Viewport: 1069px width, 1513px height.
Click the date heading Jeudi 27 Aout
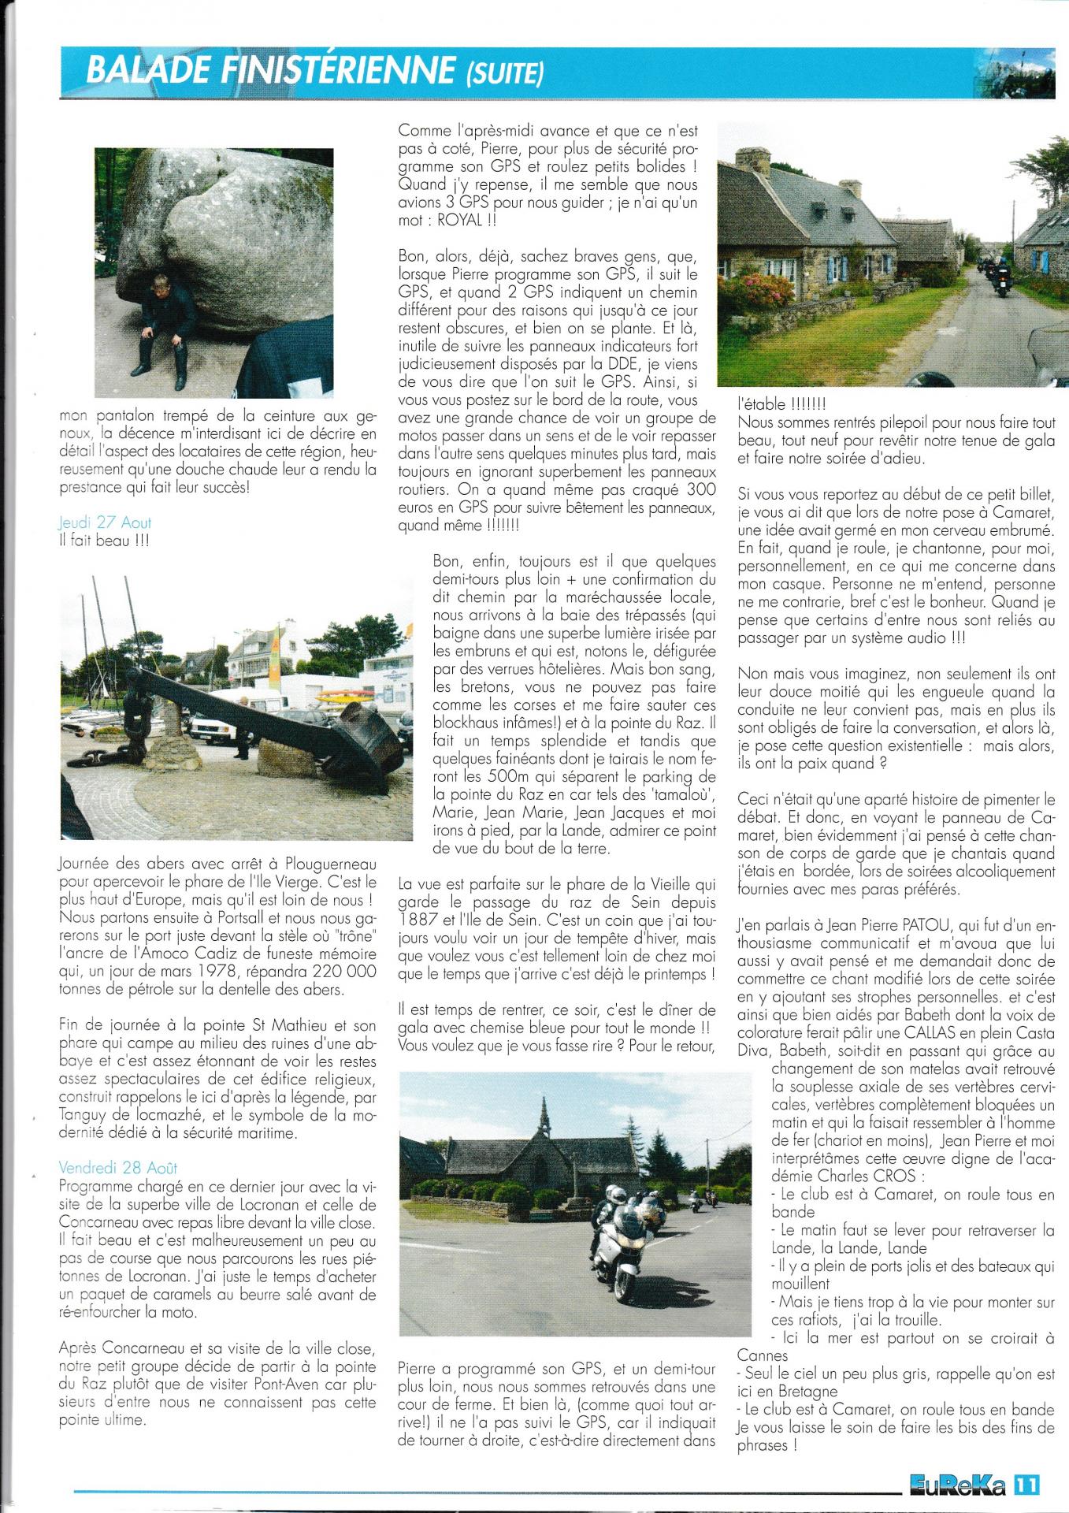coord(105,522)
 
